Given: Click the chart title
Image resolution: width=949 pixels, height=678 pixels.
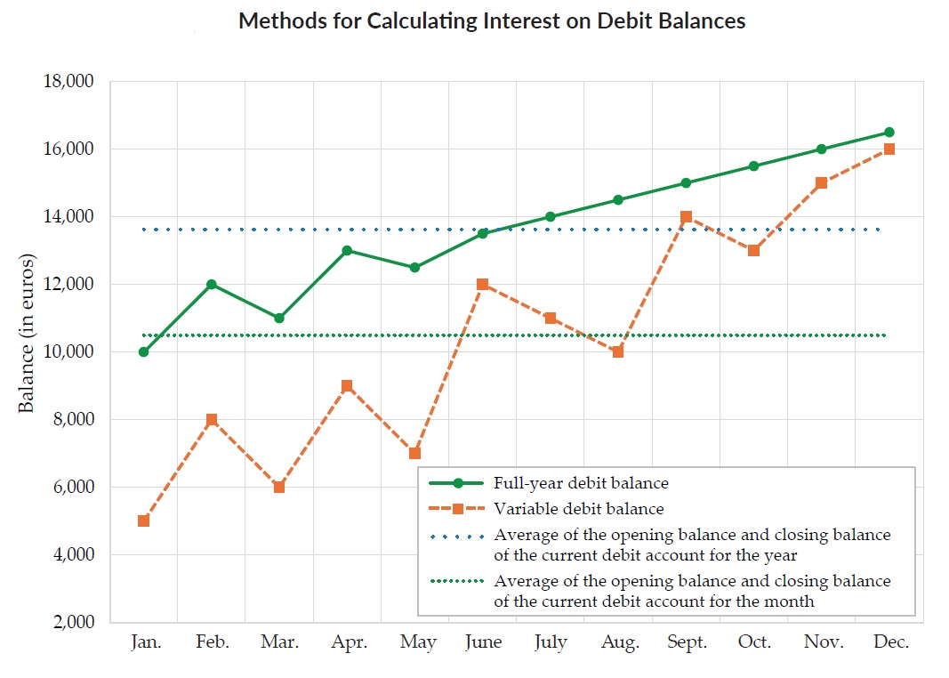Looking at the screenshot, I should coord(492,21).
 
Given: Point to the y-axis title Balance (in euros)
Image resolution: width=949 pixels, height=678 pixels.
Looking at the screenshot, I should coord(27,334).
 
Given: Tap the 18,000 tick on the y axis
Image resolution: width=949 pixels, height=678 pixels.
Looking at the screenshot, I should coord(68,82).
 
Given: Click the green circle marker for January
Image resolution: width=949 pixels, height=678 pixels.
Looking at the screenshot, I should coord(144,352).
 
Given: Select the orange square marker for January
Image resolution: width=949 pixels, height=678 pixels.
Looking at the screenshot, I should coord(144,521).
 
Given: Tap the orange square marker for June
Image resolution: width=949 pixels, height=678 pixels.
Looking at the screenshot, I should coord(482,285).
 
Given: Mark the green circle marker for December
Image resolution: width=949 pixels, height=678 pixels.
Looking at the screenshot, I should coord(889,133).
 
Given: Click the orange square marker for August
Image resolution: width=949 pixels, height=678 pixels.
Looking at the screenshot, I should coord(618,352).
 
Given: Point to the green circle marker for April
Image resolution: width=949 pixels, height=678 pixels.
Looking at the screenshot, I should coord(347,251).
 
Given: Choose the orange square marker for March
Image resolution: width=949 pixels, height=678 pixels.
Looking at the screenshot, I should coord(279,488).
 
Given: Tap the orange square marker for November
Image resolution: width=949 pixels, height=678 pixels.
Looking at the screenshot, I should coord(821,183).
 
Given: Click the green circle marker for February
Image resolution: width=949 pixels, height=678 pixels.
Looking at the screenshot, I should coord(212,285).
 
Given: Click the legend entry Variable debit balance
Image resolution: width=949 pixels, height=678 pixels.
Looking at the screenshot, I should coord(578,510).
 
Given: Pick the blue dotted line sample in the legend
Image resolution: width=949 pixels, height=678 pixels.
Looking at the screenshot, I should coord(457,537).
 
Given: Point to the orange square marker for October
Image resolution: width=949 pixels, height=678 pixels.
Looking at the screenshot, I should coord(753,251).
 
